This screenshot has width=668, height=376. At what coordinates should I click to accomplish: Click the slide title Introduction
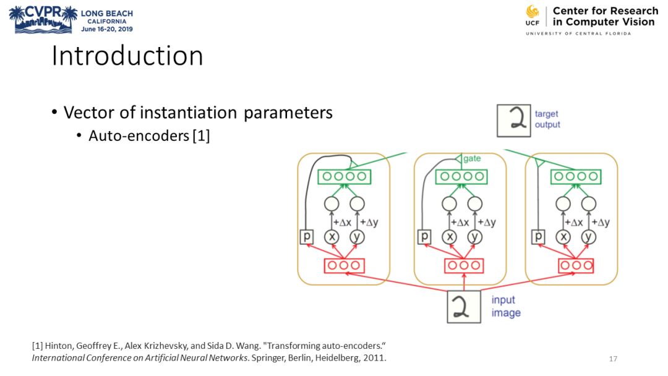click(127, 56)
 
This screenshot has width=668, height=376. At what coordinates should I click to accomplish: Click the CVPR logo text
click(43, 13)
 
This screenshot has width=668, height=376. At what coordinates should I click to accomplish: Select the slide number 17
click(613, 359)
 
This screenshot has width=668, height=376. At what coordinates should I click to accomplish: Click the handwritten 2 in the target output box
click(513, 120)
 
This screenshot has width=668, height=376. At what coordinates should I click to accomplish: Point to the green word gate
click(472, 159)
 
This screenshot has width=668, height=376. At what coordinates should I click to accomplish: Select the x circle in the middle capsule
click(450, 236)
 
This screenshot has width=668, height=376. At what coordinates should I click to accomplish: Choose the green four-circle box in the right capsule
click(576, 176)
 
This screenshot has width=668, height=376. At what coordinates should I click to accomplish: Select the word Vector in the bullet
click(86, 113)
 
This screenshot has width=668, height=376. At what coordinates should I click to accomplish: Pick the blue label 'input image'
click(506, 306)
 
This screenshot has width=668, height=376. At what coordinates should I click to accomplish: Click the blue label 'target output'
click(547, 119)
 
